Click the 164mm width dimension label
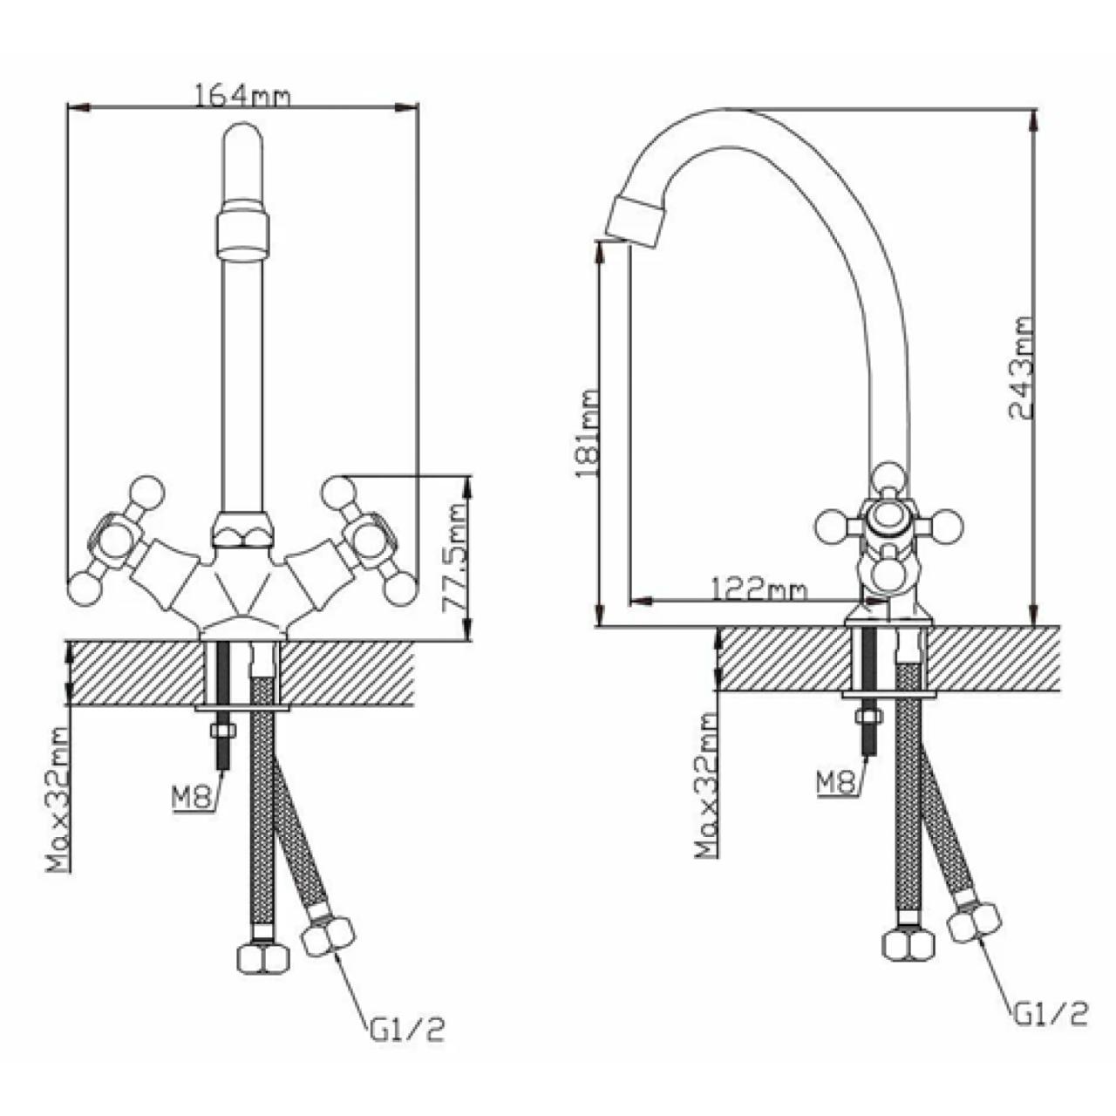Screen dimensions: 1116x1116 click(x=242, y=96)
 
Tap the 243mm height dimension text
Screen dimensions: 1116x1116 click(x=1020, y=368)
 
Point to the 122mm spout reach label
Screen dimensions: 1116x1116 click(x=758, y=591)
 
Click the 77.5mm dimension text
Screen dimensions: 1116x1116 click(x=453, y=558)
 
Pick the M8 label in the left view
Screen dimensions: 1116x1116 click(x=189, y=800)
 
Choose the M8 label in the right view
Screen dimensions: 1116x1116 click(x=835, y=784)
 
